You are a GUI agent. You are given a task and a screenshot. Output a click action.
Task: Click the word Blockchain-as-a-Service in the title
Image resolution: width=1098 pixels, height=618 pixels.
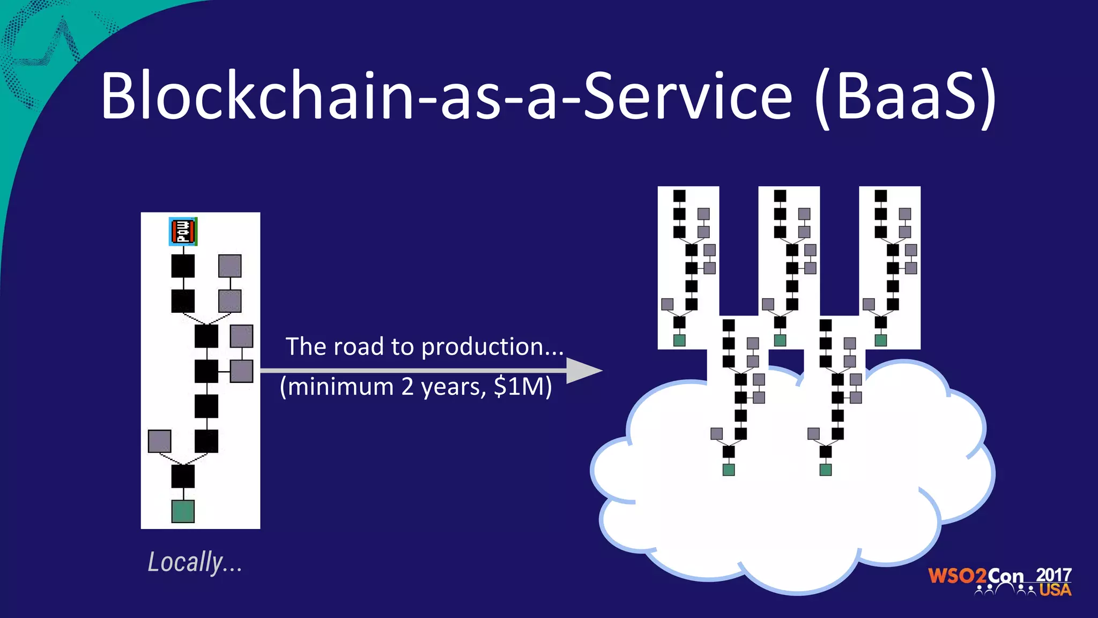(445, 97)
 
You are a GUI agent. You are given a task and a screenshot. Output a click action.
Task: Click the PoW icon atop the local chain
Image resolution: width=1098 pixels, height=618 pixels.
(183, 231)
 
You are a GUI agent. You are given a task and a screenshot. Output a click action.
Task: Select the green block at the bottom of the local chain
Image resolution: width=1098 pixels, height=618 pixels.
(183, 511)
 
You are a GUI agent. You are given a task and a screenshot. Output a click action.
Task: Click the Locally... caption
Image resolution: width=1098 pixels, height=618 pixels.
(195, 563)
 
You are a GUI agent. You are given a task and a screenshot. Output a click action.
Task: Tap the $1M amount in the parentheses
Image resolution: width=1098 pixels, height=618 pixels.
(518, 386)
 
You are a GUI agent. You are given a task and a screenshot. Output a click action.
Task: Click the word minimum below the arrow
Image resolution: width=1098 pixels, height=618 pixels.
(341, 387)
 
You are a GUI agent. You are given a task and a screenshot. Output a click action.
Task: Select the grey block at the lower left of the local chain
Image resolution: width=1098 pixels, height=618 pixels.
(159, 441)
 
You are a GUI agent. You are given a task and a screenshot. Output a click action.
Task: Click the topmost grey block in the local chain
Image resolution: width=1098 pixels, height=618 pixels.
(230, 266)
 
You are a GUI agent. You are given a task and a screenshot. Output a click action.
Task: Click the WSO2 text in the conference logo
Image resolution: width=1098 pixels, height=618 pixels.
(957, 576)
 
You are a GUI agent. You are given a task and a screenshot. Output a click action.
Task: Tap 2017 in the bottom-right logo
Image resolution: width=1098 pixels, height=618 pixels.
(1053, 575)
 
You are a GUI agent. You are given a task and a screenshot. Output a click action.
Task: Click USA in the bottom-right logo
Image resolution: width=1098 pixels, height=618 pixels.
(1055, 590)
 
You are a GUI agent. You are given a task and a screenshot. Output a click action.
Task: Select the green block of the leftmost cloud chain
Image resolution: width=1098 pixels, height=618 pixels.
(679, 340)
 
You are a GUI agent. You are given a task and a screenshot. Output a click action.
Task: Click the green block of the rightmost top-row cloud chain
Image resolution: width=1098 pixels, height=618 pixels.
(881, 340)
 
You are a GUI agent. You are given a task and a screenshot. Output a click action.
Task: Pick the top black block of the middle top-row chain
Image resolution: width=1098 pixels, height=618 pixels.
(780, 196)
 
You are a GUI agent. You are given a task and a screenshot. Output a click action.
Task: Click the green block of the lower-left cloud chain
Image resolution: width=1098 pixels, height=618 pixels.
(729, 470)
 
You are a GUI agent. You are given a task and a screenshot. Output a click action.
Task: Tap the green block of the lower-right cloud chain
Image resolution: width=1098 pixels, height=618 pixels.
(826, 470)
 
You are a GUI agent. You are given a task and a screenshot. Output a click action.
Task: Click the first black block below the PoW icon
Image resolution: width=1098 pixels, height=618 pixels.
(183, 266)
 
